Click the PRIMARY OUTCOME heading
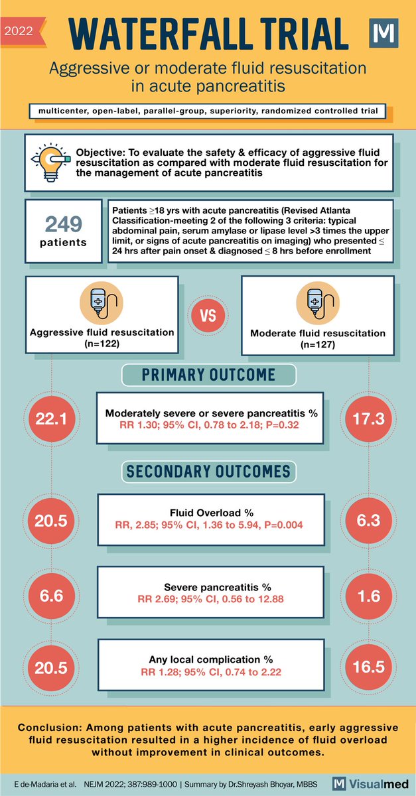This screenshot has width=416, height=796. pyautogui.click(x=208, y=375)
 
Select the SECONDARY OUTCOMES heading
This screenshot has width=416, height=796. pyautogui.click(x=208, y=472)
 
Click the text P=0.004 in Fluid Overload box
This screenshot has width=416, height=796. pyautogui.click(x=283, y=527)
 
